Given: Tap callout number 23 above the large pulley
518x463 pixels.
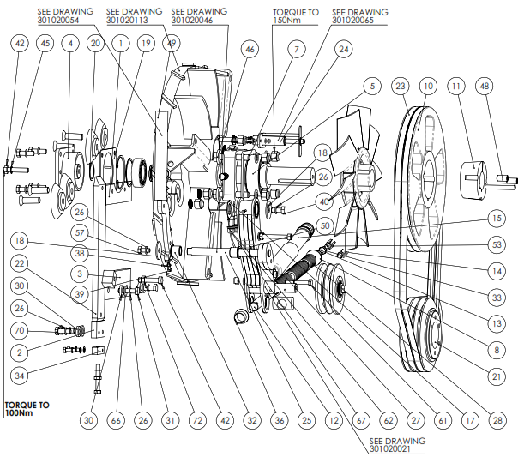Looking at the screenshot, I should pos(401,87).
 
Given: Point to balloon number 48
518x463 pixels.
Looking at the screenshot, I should pos(486,87).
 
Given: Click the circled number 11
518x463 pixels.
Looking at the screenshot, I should pos(456,87).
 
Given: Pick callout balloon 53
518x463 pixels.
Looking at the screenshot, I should pos(497,245).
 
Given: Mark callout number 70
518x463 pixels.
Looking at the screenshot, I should pos(20,328).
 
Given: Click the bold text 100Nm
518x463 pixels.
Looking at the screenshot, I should pos(21,414).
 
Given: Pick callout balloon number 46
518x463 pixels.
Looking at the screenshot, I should pos(250,51).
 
